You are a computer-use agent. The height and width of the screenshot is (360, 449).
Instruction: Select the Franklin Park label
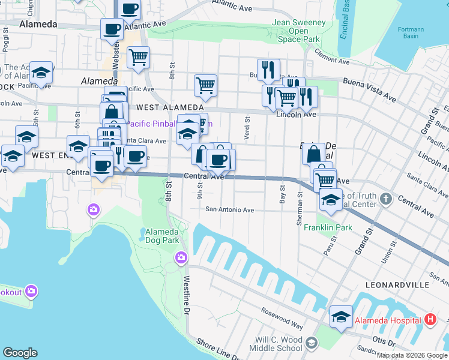328,228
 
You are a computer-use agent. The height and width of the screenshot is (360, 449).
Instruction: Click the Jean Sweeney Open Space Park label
299,31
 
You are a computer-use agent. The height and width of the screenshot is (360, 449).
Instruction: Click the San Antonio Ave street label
230,210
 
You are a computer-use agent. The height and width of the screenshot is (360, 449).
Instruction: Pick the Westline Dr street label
187,293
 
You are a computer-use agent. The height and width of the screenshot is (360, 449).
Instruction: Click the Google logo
20,353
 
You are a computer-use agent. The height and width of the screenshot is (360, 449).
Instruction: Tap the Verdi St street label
247,128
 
